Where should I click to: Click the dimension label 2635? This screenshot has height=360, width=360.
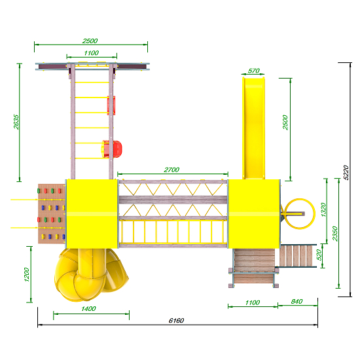[16, 122]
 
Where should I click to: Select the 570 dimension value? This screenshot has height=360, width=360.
[254, 71]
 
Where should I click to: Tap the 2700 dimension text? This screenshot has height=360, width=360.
[171, 170]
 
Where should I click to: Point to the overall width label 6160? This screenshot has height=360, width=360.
[176, 320]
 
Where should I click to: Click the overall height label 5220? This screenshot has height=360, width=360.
[346, 172]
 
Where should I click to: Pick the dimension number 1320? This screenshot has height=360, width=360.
[323, 209]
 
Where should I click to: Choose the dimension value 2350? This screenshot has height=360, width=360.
[335, 234]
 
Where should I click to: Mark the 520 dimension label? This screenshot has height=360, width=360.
[319, 255]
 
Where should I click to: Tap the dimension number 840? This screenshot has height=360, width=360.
[297, 302]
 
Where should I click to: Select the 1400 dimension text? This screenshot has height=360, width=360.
[88, 309]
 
